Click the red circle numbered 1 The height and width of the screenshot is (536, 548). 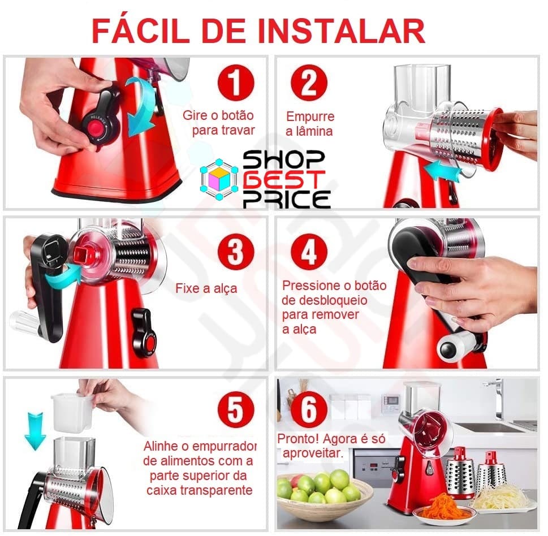coord(236,83)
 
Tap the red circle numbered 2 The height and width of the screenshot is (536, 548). coord(309,83)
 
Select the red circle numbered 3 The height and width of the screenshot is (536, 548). coord(236,251)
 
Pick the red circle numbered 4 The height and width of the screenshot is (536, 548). coord(309,251)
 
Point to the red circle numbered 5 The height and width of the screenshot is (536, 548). coord(236,409)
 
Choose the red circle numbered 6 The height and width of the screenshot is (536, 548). coord(309,409)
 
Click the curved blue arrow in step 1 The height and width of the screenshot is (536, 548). coord(140,106)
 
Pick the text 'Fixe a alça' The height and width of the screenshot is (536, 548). coord(206,288)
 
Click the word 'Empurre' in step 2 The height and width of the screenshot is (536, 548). coord(310,116)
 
